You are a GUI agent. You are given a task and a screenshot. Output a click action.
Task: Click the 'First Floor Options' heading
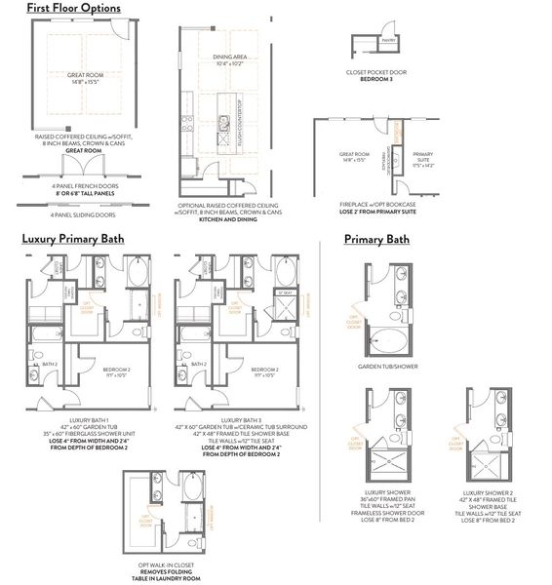pyautogui.click(x=73, y=9)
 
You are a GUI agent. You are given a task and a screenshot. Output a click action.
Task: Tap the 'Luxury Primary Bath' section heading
pyautogui.click(x=86, y=238)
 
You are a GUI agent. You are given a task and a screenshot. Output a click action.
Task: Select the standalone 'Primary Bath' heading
pyautogui.click(x=376, y=239)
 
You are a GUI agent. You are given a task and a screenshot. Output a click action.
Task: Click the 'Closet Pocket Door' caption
pyautogui.click(x=375, y=71)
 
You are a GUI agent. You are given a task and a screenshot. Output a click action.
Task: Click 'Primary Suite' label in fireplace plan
pyautogui.click(x=423, y=156)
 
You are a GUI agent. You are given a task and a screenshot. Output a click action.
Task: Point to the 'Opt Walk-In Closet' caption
pyautogui.click(x=172, y=563)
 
